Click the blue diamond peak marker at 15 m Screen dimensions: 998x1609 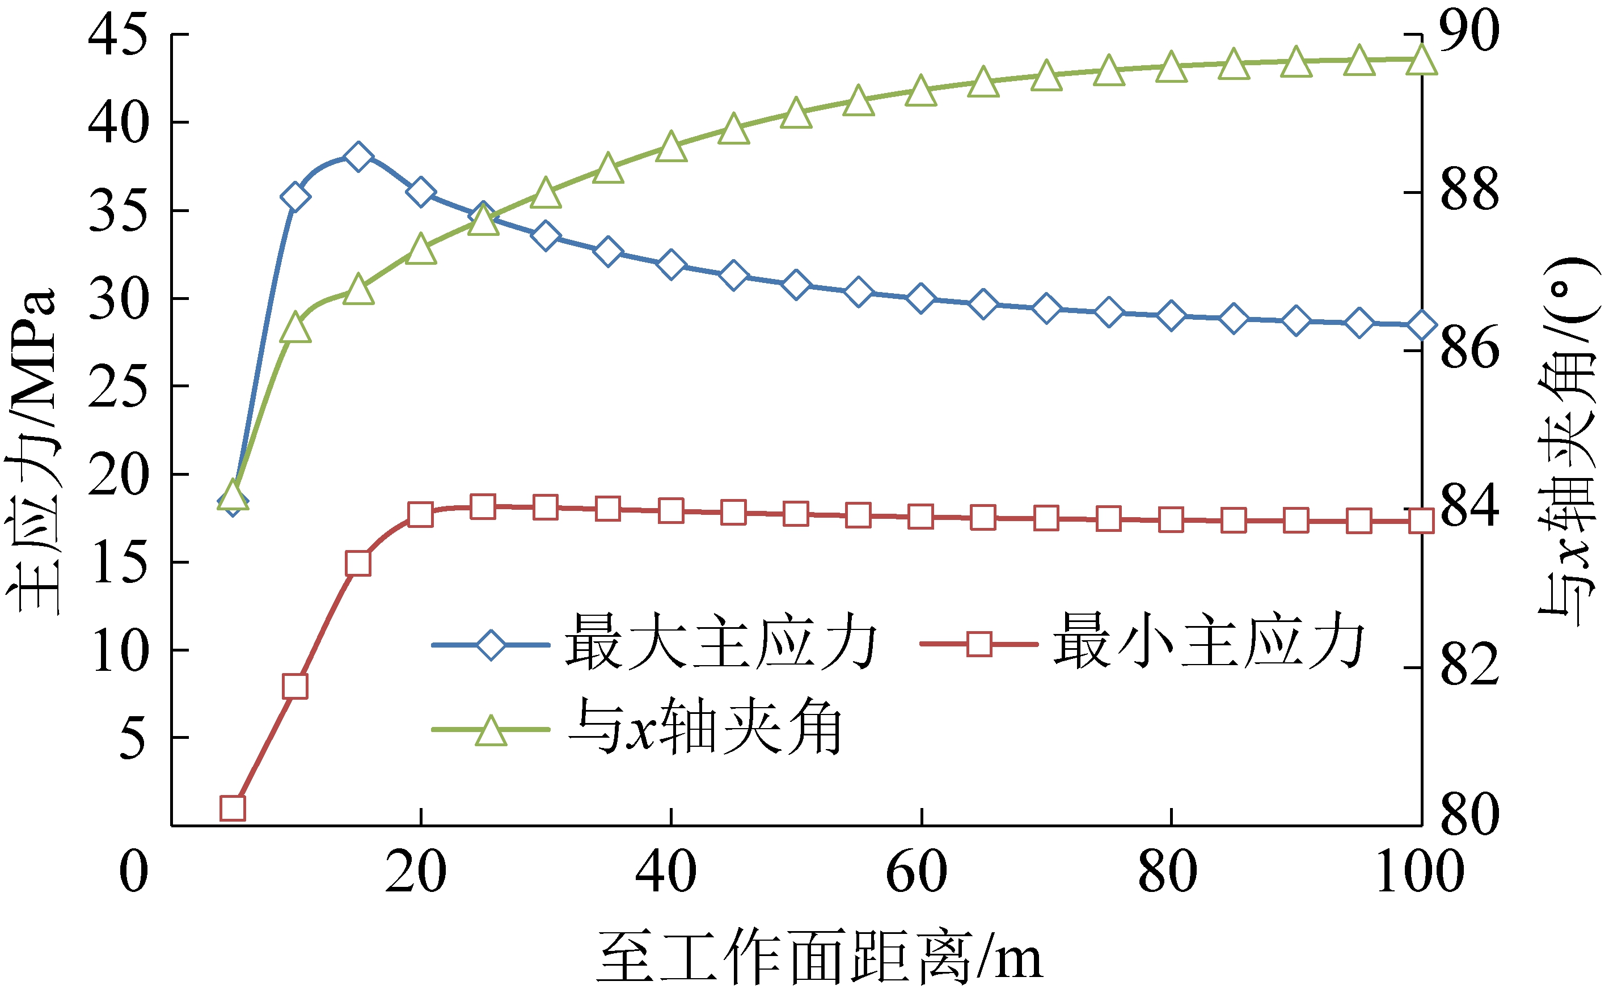(358, 157)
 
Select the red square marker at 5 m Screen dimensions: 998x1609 (233, 807)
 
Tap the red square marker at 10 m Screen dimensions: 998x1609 (295, 687)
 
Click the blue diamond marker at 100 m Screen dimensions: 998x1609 (1421, 325)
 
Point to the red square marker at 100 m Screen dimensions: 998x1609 (1421, 521)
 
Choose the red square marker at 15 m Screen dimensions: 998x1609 (358, 563)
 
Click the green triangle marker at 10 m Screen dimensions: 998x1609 (295, 328)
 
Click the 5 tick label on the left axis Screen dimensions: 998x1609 (132, 738)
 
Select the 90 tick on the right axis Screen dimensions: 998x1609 (1469, 32)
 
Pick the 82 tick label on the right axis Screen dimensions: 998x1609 (1469, 667)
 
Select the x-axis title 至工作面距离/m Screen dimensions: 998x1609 (819, 957)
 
